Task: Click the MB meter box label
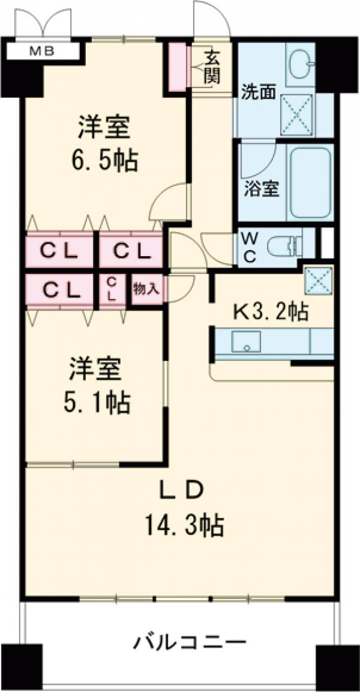[x=43, y=52]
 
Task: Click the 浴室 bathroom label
[x=261, y=188]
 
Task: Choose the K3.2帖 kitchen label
[x=271, y=312]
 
